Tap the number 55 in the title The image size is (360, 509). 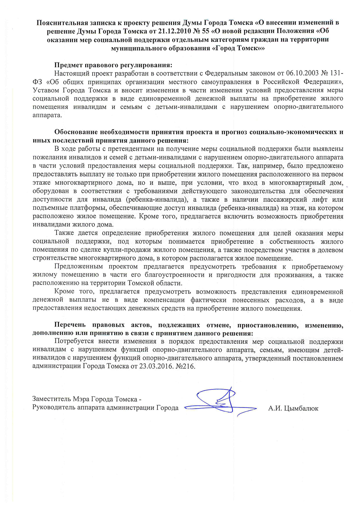point(205,31)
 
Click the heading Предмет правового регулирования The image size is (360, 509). point(113,65)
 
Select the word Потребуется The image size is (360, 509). point(74,341)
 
